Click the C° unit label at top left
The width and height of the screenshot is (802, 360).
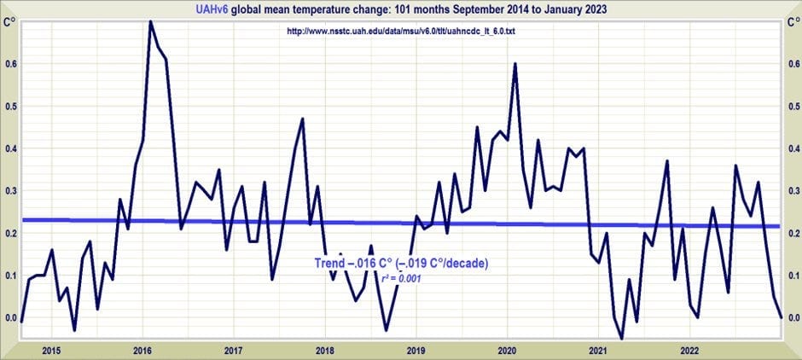(9, 23)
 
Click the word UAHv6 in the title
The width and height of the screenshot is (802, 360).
(212, 9)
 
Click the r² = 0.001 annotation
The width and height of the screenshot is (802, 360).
(402, 279)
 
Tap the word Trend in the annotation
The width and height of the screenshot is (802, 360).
(328, 264)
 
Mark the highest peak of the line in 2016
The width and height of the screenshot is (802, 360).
(150, 21)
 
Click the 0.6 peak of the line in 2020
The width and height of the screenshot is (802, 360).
(515, 64)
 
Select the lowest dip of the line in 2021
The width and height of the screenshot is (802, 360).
(621, 339)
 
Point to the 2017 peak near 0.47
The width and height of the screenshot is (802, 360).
(302, 119)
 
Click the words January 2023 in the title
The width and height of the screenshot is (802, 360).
(577, 9)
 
